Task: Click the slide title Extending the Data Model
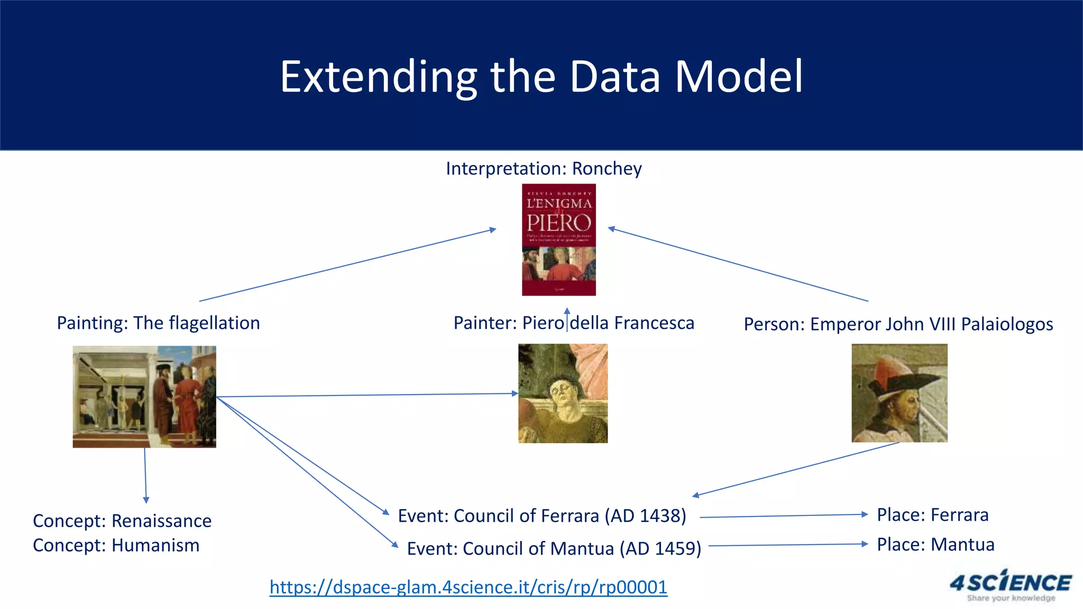coord(541,77)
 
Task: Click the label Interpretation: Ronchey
coord(544,169)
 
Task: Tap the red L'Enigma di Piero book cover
coord(558,239)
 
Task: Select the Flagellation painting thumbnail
coord(144,396)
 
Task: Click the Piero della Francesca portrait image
coord(563,393)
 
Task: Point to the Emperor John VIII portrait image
coord(899,393)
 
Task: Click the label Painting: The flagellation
coord(158,323)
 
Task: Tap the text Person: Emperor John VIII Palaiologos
coord(898,324)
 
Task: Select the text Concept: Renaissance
coord(122,521)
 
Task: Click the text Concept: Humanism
coord(116,546)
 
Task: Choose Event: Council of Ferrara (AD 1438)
coord(541,516)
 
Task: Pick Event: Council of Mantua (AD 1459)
coord(554,549)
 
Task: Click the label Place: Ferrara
coord(932,515)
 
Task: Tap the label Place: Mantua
coord(935,545)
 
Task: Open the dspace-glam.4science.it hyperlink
coord(468,587)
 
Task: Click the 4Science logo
coord(1010,585)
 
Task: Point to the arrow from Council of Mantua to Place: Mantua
coord(788,545)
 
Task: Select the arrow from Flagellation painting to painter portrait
coord(367,395)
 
